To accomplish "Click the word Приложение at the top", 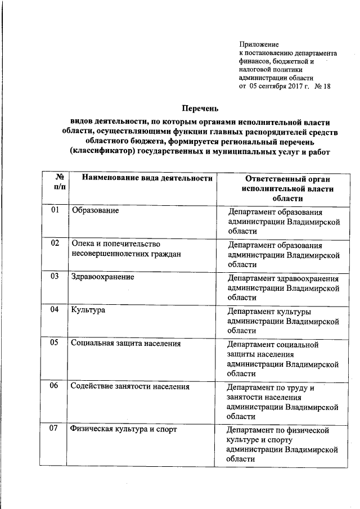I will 259,43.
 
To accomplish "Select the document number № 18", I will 322,87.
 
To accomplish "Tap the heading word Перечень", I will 200,107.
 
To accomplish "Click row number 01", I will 55,210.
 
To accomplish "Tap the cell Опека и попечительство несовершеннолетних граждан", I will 127,249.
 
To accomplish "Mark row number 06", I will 55,386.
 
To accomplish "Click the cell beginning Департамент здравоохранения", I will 283,287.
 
